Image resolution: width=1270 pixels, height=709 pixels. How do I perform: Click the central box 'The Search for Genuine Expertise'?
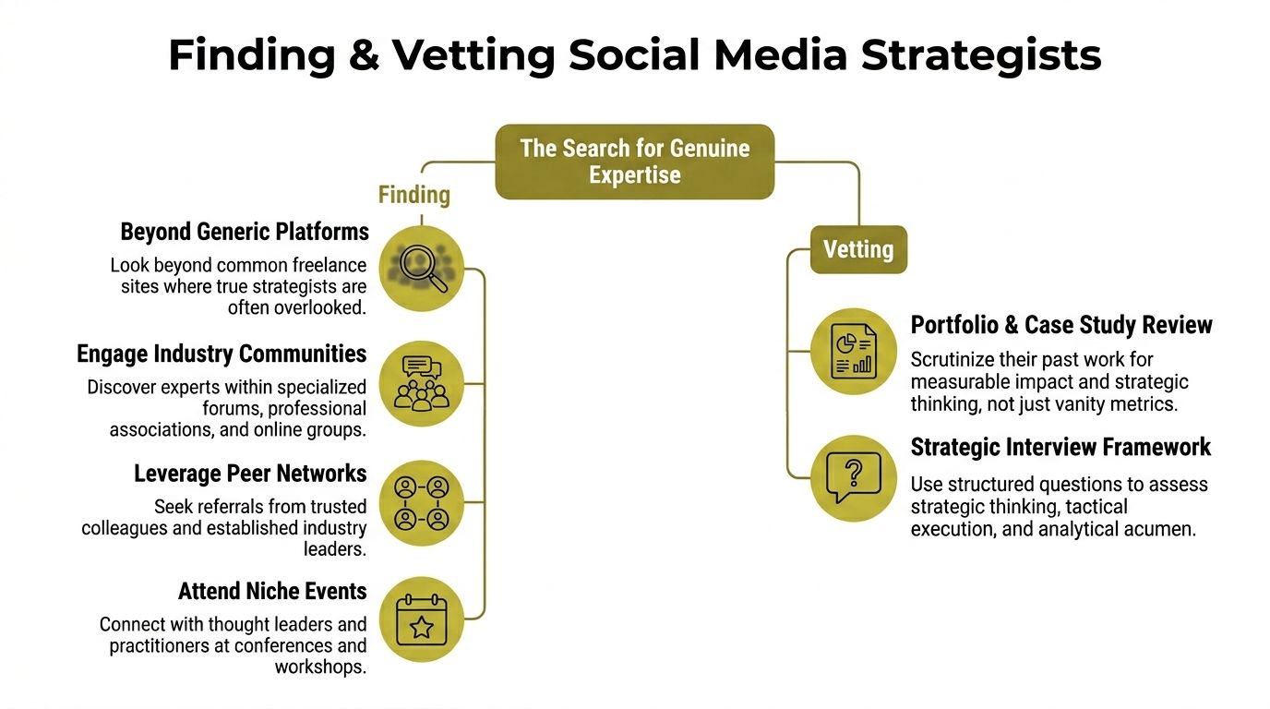635,162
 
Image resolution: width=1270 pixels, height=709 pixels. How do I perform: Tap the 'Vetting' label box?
858,249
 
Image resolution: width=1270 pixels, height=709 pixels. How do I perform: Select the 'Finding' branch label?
414,195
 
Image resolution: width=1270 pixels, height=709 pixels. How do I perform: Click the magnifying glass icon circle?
422,267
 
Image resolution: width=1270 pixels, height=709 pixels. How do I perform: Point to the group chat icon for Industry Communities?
422,383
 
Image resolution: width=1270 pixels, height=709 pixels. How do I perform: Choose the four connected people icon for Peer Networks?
422,503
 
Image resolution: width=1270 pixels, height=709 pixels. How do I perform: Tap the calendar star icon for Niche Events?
422,619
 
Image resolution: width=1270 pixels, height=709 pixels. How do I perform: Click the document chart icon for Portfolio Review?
853,351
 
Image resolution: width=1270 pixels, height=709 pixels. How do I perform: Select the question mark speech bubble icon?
853,478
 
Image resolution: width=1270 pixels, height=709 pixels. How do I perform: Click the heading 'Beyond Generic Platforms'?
245,231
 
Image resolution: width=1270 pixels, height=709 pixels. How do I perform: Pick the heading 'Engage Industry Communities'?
222,354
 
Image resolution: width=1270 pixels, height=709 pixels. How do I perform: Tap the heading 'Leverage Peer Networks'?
250,474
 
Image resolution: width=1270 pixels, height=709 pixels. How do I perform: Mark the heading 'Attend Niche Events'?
272,591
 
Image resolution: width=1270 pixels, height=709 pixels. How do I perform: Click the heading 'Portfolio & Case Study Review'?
1061,325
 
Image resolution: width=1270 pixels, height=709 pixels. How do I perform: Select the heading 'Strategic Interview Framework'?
1060,447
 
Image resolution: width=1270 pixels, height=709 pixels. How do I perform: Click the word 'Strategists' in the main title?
981,55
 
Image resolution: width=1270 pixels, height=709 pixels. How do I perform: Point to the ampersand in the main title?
365,55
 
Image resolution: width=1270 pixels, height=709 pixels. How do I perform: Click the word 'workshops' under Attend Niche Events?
320,667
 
